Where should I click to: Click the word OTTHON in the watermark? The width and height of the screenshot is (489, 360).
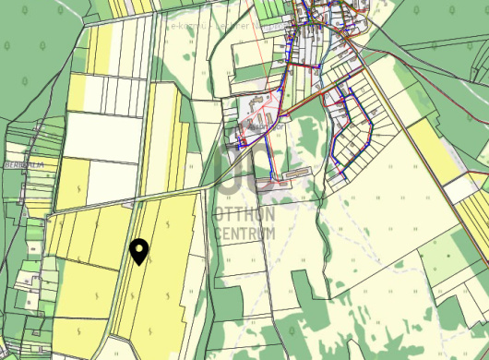pyautogui.click(x=243, y=213)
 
